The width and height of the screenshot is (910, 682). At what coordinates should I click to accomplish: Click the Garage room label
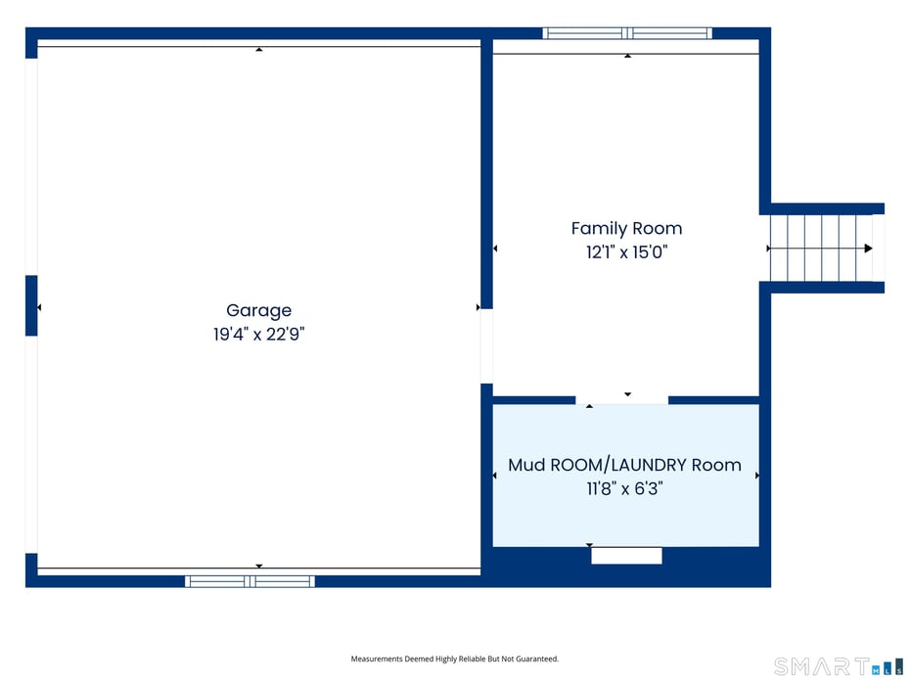[259, 310]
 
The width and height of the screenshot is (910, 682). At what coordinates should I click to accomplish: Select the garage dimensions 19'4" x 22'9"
[259, 335]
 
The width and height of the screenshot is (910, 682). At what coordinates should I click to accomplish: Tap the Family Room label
[627, 229]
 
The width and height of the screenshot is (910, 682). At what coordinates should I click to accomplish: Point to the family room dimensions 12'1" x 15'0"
[627, 252]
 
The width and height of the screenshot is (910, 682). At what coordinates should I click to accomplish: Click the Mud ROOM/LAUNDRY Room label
[625, 465]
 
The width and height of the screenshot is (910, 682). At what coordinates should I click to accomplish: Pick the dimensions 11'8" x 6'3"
[625, 488]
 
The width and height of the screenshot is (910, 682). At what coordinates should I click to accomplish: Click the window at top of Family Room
[627, 33]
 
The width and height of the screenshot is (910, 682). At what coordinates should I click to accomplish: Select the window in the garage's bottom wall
[250, 581]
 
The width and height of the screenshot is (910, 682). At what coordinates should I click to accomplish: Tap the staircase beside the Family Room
[821, 249]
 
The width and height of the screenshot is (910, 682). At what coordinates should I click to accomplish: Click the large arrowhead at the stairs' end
[868, 249]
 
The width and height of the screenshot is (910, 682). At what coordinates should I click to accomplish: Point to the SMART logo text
[822, 666]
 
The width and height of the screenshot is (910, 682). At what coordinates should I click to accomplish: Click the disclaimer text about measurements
[454, 659]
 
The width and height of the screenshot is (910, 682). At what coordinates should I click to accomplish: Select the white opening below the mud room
[627, 556]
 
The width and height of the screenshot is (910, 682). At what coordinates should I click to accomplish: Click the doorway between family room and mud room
[621, 400]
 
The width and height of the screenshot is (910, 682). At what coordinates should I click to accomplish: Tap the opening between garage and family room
[486, 346]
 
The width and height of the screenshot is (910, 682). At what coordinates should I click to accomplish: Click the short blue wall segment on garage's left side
[31, 305]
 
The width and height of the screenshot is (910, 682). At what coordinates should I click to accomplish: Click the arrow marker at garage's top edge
[259, 49]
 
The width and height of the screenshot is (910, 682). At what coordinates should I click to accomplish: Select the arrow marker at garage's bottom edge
[259, 566]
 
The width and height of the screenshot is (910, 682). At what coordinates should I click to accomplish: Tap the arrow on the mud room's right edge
[756, 476]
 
